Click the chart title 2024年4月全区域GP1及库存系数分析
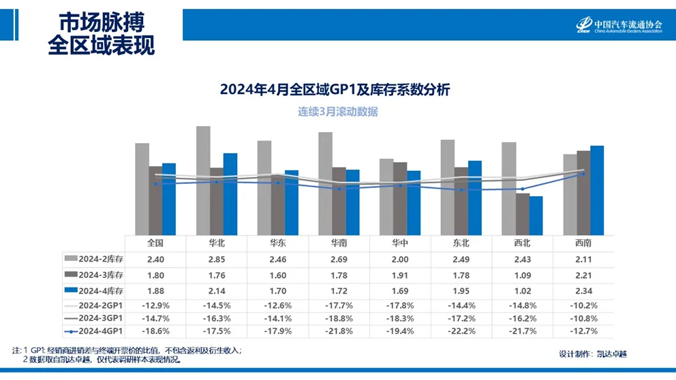click(335, 89)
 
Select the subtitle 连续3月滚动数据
click(337, 112)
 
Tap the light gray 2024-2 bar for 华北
click(203, 180)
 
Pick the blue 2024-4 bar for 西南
click(597, 191)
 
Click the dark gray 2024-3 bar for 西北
click(523, 214)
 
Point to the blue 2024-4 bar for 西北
click(536, 216)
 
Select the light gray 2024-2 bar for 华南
click(326, 184)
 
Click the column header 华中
click(400, 243)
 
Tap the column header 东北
click(461, 243)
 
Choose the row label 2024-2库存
click(95, 259)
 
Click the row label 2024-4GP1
click(95, 332)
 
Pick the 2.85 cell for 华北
click(216, 259)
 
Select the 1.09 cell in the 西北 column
click(522, 274)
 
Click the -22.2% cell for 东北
click(461, 332)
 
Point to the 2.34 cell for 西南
click(583, 291)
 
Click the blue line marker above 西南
click(583, 174)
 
